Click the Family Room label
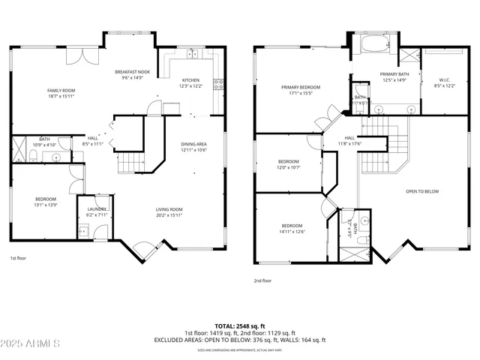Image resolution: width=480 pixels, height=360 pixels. [61, 93]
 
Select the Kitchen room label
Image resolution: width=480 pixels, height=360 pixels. [190, 83]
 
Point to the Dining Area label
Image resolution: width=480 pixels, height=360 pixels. [193, 146]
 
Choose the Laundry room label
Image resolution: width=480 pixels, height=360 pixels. [97, 211]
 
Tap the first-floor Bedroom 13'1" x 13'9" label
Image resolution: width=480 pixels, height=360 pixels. [46, 202]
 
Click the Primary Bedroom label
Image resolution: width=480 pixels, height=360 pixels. [301, 90]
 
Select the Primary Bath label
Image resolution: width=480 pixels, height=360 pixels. [393, 76]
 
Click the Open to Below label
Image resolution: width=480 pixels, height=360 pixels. [422, 191]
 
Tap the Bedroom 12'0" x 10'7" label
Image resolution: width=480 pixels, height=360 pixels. [289, 164]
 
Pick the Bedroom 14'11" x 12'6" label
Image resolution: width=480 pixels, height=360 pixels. [292, 229]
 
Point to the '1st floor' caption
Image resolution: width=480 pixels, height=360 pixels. [19, 258]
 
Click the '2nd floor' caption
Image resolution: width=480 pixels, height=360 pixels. [262, 280]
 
